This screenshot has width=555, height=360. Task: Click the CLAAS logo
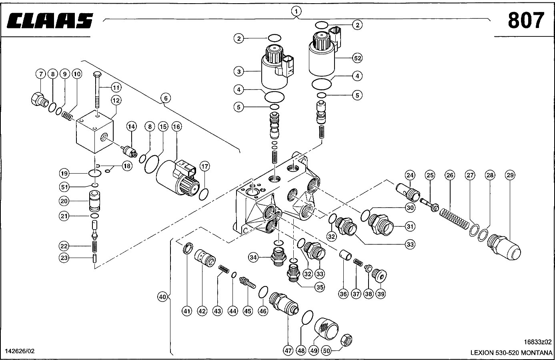point(50,21)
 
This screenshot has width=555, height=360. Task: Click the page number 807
point(526,20)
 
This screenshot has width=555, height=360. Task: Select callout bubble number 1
point(296,11)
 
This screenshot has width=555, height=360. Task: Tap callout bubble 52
point(357,58)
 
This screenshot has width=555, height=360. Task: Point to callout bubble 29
point(510,175)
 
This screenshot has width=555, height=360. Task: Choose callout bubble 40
point(162,297)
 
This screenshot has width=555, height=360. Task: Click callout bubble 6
point(165,98)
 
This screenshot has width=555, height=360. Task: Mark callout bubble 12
point(116,100)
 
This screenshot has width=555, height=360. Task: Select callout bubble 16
point(176,127)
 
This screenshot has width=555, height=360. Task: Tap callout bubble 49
point(314,351)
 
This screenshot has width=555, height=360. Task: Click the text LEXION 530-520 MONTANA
point(511,353)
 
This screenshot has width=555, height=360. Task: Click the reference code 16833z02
point(537,342)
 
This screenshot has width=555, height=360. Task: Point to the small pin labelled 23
point(95,258)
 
